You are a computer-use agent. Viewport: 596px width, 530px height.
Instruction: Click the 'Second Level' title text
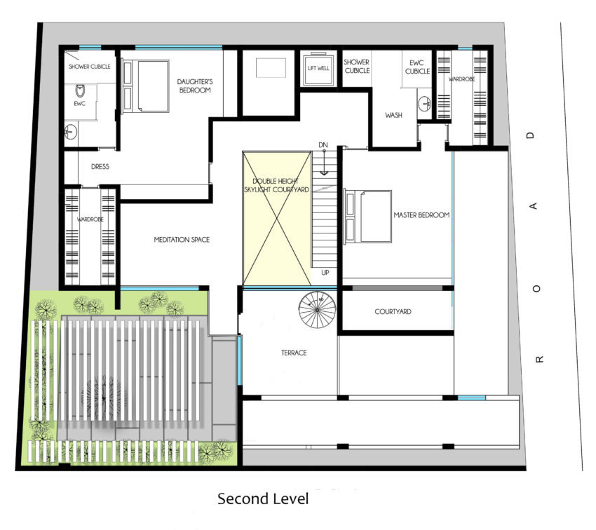coord(263,498)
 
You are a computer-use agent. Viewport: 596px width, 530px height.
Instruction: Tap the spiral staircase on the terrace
coord(318,310)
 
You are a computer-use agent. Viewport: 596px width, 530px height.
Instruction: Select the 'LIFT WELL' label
coord(318,69)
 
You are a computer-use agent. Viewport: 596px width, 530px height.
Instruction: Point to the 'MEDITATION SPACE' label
coord(182,239)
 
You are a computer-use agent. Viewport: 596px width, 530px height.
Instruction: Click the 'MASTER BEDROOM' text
coord(421,215)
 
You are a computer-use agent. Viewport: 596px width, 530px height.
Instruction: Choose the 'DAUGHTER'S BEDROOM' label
coord(195,86)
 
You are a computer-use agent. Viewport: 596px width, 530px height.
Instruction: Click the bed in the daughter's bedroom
coord(146,86)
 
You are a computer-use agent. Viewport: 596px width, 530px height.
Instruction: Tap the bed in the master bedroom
coord(368,216)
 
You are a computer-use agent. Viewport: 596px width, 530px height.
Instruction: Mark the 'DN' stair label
coord(323,144)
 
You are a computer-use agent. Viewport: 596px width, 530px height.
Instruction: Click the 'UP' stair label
coord(325,273)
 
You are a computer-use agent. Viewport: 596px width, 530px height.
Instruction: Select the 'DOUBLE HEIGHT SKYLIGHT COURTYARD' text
coord(276,185)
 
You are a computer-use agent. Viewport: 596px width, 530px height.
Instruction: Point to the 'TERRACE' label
coord(294,353)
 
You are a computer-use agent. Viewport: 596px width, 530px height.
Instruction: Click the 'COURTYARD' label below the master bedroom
coord(393,311)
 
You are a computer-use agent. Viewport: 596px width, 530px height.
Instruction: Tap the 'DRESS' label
coord(100,166)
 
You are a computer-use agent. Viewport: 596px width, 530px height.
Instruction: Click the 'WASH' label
coord(393,115)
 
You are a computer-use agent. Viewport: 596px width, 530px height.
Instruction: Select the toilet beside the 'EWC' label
coord(80,91)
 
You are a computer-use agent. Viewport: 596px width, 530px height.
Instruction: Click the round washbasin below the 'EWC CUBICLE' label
coord(424,103)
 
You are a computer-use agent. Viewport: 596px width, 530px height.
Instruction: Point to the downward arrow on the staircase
coord(324,163)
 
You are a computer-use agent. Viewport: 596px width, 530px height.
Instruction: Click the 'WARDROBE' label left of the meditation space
coord(90,219)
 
